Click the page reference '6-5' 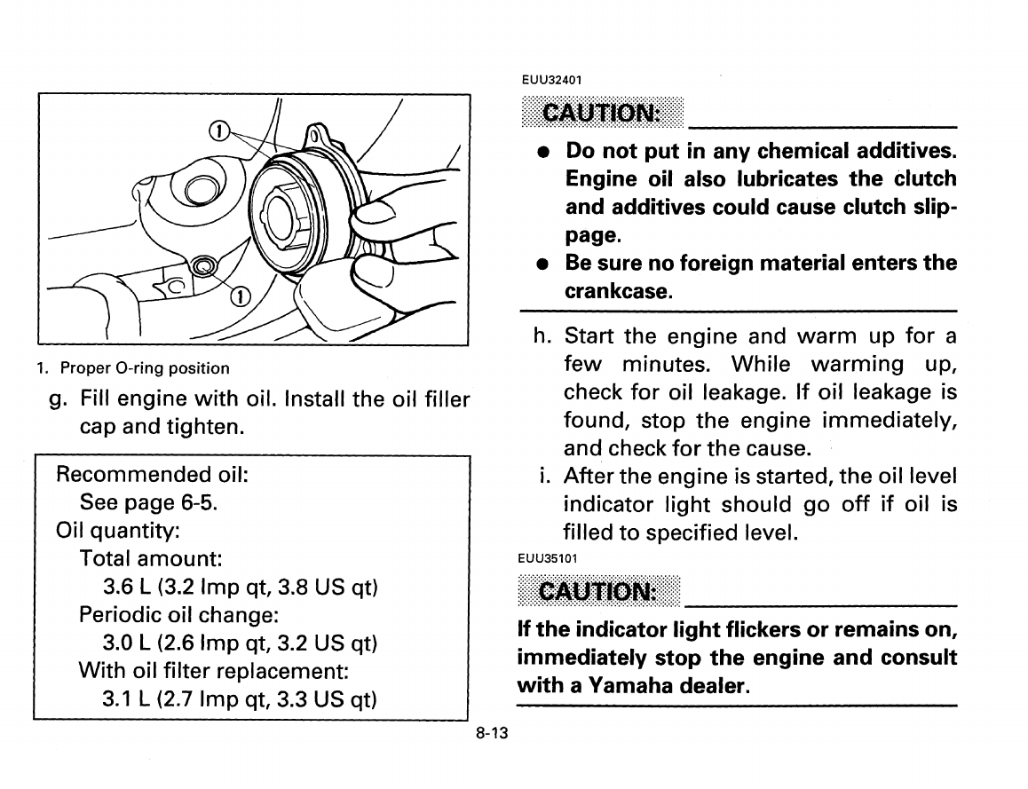(198, 502)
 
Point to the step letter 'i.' (544, 477)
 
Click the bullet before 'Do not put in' (542, 152)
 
